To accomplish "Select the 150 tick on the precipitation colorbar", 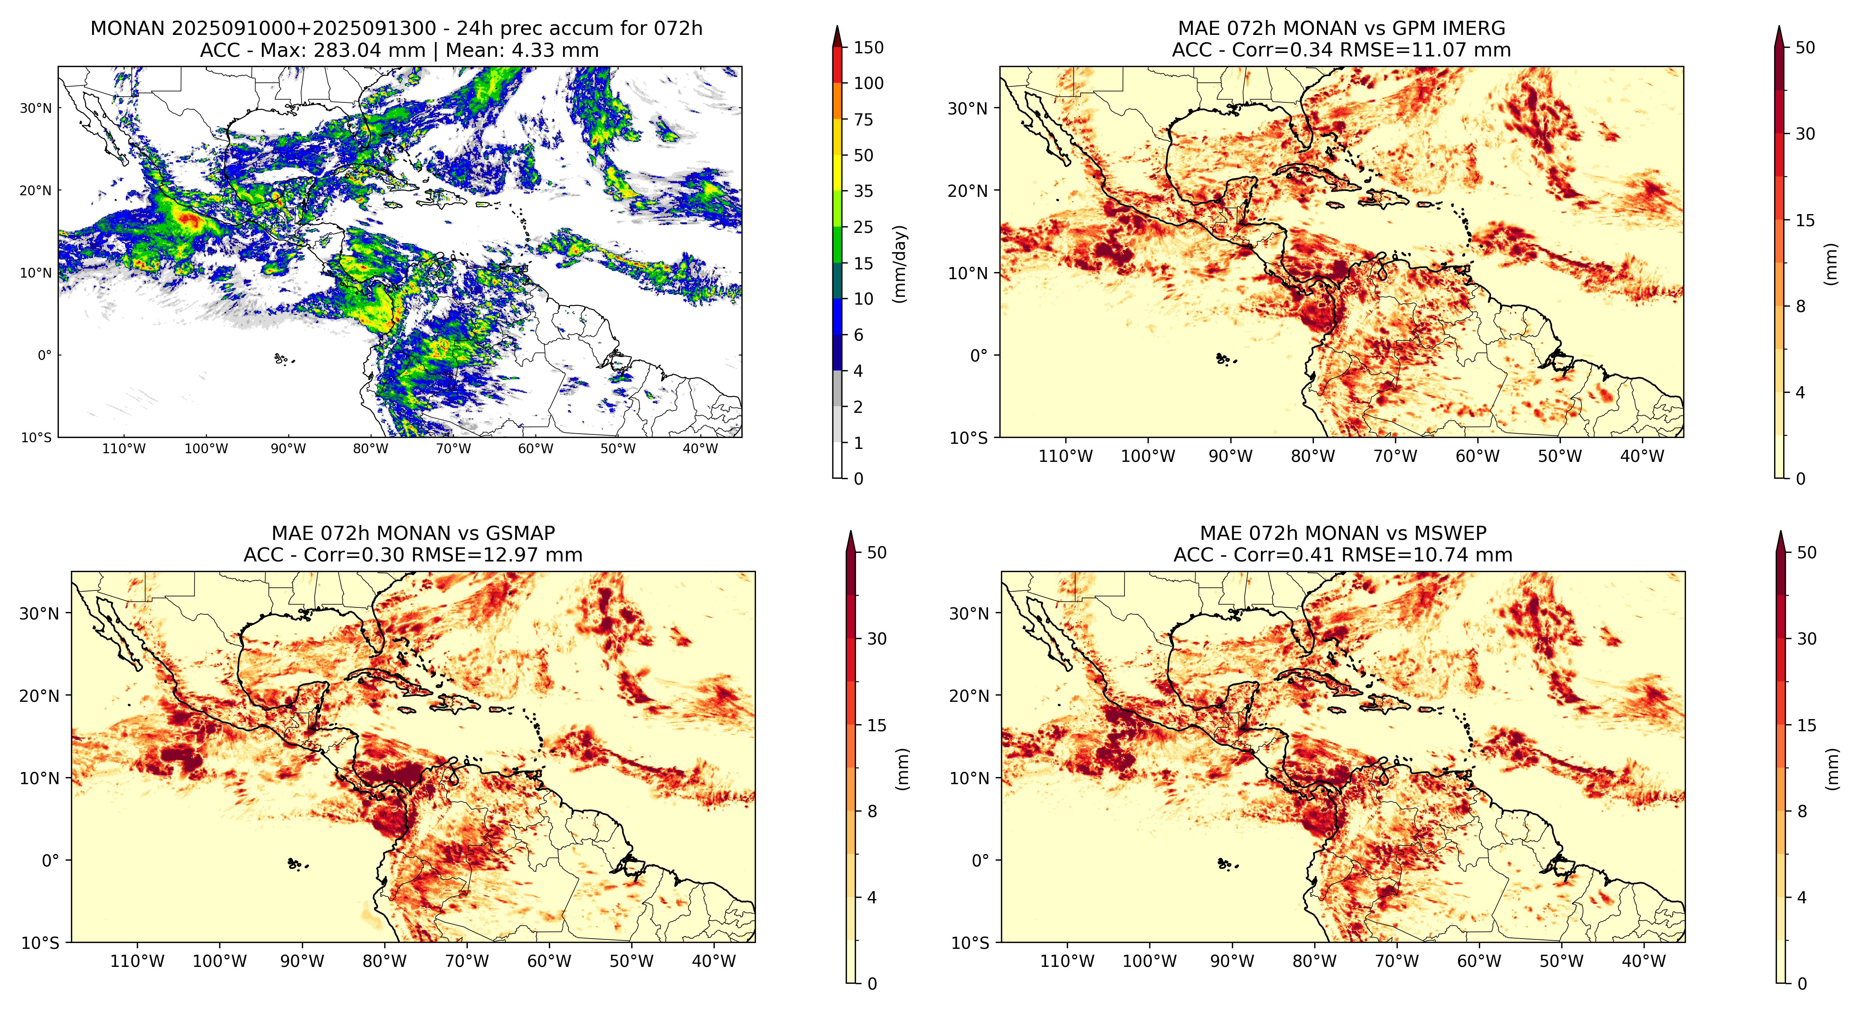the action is [x=868, y=48].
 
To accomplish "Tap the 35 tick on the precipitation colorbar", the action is [x=864, y=191].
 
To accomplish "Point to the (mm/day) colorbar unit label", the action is [x=900, y=263].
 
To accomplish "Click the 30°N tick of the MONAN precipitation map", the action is [x=35, y=108].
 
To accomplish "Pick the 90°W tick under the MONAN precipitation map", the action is [x=288, y=448].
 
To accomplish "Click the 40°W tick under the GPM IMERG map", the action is [x=1643, y=456].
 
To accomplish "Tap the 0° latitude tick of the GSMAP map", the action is [x=51, y=861].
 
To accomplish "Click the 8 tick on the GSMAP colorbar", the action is [x=872, y=812].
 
